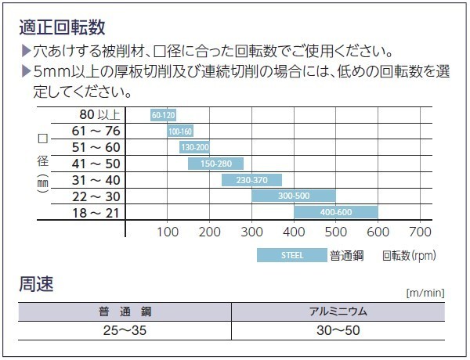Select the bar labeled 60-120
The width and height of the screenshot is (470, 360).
click(163, 115)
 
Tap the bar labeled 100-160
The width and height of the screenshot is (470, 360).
click(179, 131)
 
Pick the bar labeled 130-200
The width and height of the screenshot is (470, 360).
click(194, 147)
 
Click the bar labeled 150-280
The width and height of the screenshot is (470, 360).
click(215, 164)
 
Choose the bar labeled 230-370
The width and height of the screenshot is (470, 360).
click(251, 180)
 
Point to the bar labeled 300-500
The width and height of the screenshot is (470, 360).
click(294, 196)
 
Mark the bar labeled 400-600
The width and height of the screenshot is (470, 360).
click(336, 212)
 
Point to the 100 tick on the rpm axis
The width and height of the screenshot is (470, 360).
click(168, 232)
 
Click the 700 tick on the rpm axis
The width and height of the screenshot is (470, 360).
click(421, 232)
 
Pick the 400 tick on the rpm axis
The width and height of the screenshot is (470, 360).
click(294, 232)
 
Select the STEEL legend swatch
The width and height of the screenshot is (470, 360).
click(291, 255)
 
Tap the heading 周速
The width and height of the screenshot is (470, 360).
click(36, 284)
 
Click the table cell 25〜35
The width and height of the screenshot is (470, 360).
click(125, 330)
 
